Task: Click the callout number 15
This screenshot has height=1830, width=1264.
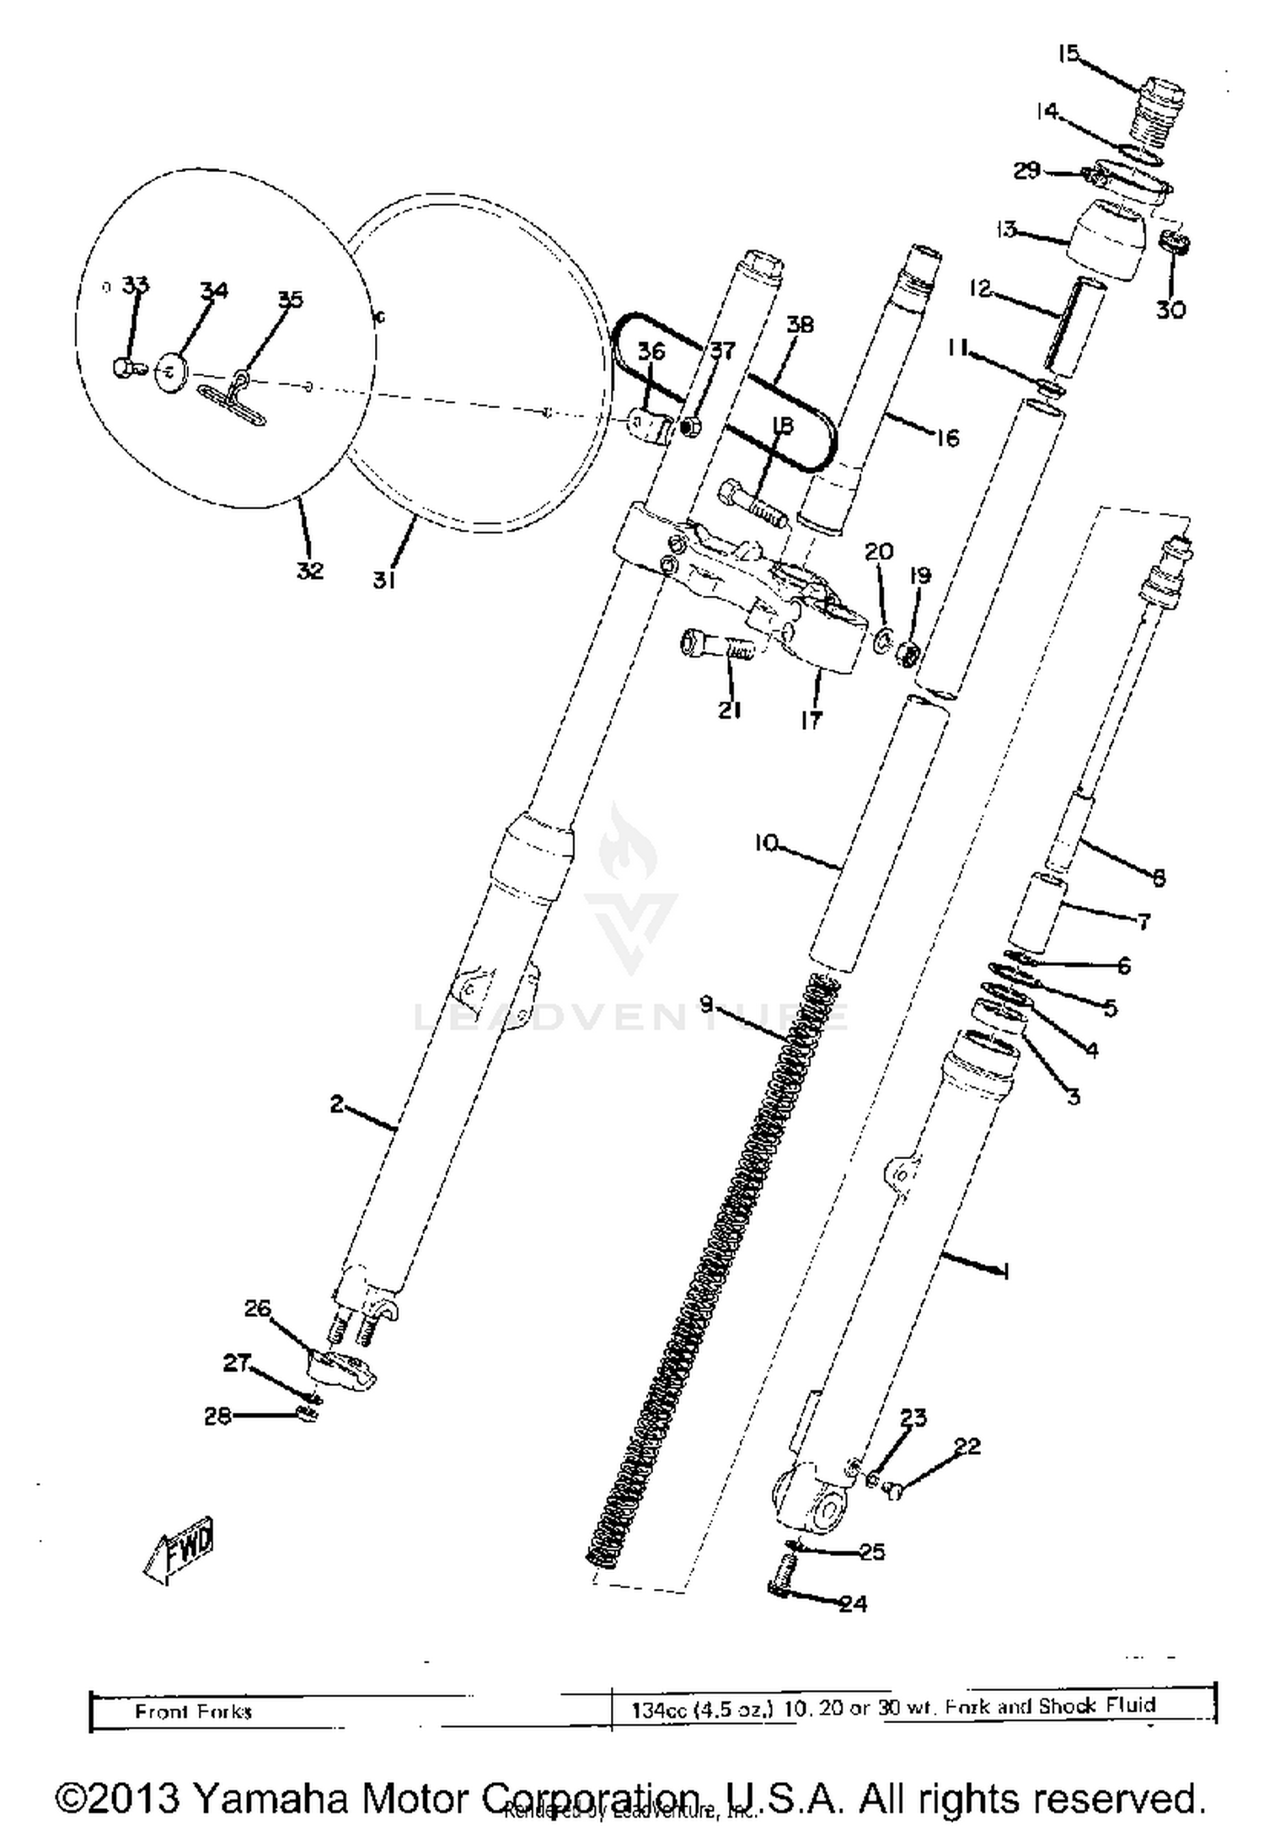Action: coord(1068,53)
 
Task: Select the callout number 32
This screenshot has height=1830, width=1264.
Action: coord(309,570)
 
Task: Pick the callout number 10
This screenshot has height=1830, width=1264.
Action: coord(766,842)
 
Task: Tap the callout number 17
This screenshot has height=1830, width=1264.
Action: coord(811,719)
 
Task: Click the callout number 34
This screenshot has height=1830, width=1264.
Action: coord(213,291)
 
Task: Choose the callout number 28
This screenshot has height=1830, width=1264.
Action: coord(217,1416)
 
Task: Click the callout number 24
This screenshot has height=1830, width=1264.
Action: coord(853,1603)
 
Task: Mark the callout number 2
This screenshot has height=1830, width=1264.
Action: coord(337,1103)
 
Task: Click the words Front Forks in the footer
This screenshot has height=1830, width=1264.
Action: coord(193,1712)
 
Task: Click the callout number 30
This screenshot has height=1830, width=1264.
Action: coord(1170,309)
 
